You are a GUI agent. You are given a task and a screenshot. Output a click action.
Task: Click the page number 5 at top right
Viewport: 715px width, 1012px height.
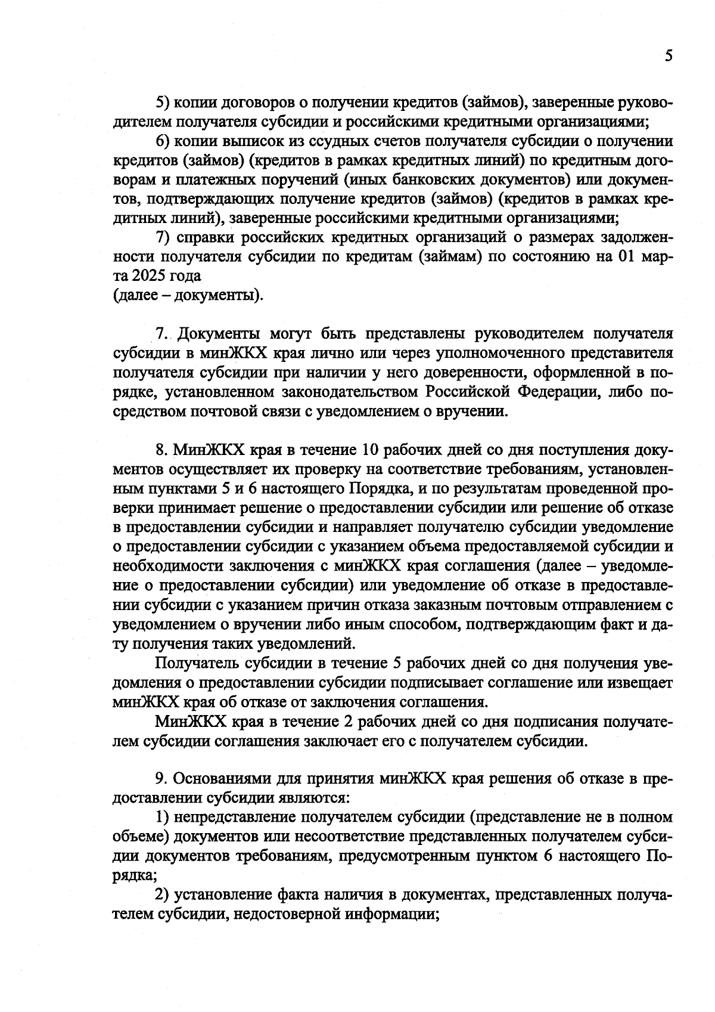pyautogui.click(x=668, y=56)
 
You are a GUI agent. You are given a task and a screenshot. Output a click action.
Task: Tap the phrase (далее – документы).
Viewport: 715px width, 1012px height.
pyautogui.click(x=188, y=295)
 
